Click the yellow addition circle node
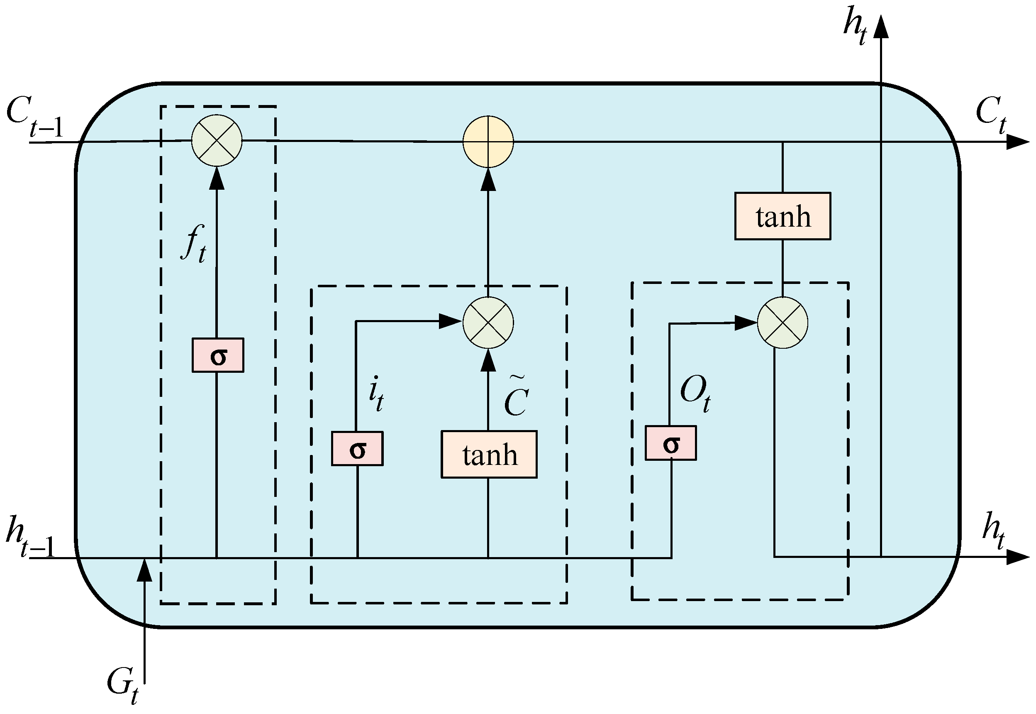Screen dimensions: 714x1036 click(x=488, y=142)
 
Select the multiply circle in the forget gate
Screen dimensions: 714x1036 click(x=217, y=140)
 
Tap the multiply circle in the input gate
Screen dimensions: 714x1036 click(x=488, y=323)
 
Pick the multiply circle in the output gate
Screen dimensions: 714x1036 click(x=782, y=323)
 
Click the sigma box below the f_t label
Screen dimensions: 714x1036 click(x=218, y=355)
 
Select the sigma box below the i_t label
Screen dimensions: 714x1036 click(x=357, y=449)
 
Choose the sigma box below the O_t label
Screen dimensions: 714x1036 click(x=671, y=443)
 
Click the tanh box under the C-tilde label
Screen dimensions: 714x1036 click(x=489, y=455)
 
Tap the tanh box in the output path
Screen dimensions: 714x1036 click(x=783, y=217)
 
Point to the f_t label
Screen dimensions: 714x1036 click(x=195, y=244)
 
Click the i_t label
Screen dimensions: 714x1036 click(x=376, y=394)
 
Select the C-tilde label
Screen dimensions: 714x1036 click(x=517, y=396)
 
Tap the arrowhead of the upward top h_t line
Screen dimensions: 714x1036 click(x=881, y=27)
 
